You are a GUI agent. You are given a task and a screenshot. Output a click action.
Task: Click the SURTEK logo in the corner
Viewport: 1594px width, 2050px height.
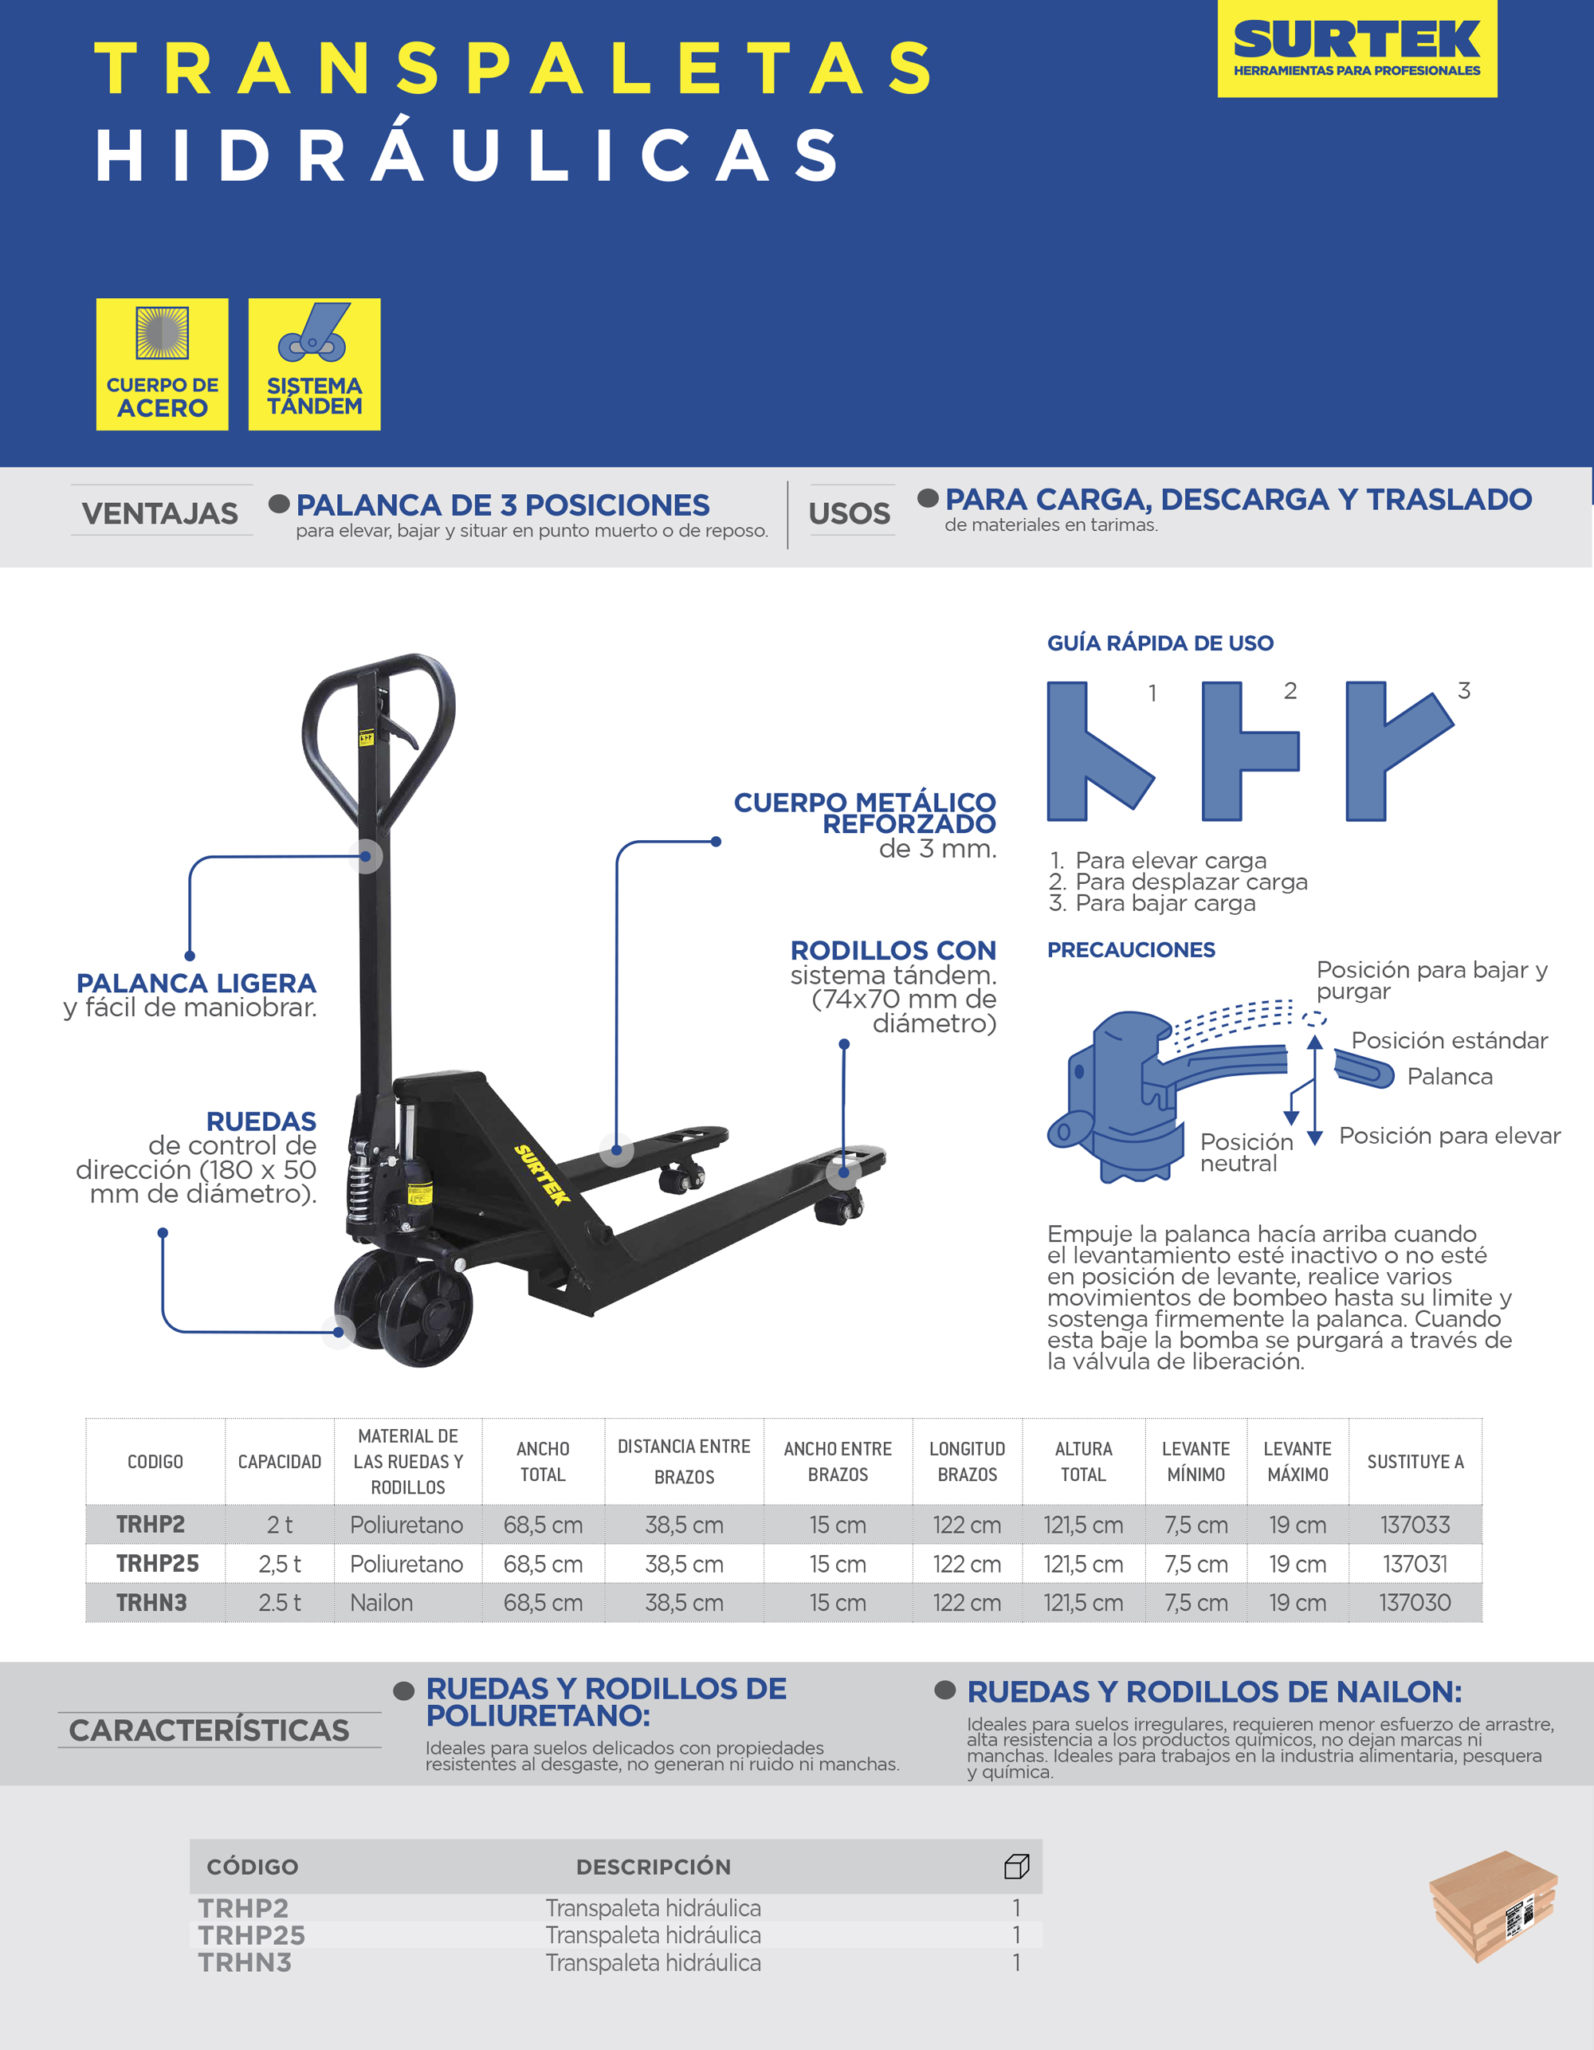coord(1356,48)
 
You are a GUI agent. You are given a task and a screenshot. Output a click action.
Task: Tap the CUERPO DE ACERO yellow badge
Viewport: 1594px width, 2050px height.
coord(162,364)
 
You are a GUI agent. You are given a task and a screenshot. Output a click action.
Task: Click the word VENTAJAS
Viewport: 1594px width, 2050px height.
coord(160,513)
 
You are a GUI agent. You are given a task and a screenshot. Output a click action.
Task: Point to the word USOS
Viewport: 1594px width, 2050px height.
coord(850,513)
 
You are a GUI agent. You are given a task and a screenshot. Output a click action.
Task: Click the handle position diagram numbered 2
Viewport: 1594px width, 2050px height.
coord(1249,751)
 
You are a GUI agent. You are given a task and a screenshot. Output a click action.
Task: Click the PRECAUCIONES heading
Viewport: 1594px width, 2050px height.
coord(1130,950)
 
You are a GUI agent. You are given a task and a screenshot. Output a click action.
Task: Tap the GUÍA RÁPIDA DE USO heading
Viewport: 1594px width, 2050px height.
coord(1160,643)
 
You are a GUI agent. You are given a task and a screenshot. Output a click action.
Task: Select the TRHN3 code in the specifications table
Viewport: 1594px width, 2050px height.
coord(151,1602)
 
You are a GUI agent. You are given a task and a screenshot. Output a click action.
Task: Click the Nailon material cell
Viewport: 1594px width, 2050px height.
coord(381,1602)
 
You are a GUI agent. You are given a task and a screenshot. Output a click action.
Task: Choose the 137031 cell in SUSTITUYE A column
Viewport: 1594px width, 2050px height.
coord(1415,1564)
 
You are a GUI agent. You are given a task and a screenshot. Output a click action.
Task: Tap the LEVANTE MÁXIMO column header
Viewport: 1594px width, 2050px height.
coord(1298,1462)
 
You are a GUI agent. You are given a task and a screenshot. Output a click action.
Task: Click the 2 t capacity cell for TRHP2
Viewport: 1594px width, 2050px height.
coord(280,1526)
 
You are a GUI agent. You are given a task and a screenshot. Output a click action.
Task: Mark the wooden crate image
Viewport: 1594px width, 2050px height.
coord(1493,1906)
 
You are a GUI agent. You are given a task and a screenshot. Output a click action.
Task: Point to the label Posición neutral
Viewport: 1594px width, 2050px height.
coord(1246,1153)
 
